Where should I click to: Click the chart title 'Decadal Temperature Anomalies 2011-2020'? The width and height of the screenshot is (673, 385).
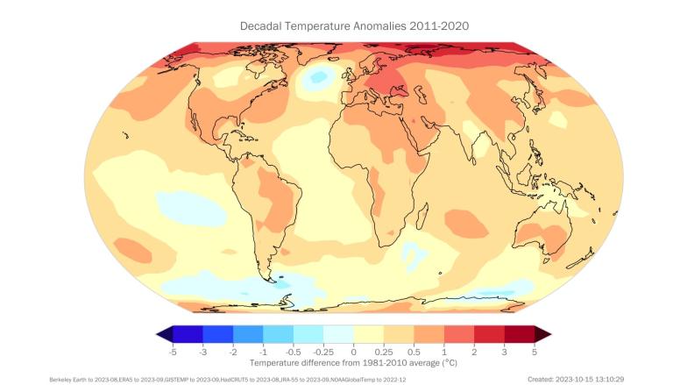354,26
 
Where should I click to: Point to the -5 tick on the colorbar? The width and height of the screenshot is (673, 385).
173,350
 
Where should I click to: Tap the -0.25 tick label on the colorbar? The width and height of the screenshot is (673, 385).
323,350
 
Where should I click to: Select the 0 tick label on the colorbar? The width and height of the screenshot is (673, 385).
354,350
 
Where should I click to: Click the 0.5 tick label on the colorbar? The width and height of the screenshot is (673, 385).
414,350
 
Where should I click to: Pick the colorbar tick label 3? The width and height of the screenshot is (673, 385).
504,350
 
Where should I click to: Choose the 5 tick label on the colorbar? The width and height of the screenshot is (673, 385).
535,350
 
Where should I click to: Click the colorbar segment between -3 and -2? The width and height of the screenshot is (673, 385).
218,333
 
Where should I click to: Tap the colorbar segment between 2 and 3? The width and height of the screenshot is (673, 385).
489,333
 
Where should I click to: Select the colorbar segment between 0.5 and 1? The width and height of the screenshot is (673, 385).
429,333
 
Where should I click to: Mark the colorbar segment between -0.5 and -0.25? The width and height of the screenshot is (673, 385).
308,333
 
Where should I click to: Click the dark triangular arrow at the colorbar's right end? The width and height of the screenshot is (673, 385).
542,333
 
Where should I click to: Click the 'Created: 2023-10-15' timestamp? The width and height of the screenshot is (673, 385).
582,379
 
